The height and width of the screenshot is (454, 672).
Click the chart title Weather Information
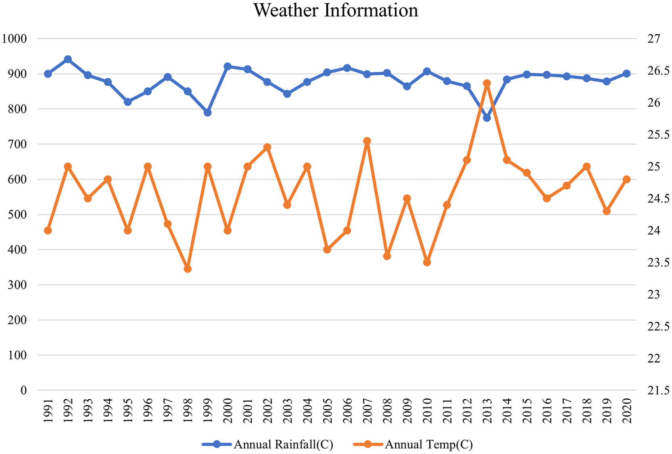point(336,10)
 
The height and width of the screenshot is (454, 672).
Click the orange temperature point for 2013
point(487,84)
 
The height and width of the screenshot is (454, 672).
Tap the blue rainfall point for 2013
point(487,118)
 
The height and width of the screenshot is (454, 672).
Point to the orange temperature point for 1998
point(188,269)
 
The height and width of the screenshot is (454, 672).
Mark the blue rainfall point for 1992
point(68,59)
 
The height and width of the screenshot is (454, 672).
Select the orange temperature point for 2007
point(367,141)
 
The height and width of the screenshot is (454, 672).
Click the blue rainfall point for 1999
point(208,113)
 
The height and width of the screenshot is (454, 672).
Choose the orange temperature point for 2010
point(427,262)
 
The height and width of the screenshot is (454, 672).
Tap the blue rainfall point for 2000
point(227,67)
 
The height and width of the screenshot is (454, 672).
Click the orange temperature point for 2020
point(626,179)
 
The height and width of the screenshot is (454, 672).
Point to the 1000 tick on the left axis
point(15,39)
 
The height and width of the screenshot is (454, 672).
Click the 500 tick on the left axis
point(17,214)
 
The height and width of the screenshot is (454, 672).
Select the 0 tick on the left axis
point(24,390)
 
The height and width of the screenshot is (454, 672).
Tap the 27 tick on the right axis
point(654,39)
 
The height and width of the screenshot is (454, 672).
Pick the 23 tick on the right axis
point(654,295)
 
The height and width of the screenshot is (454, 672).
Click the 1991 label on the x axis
point(48,411)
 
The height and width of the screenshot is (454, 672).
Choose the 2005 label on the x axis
point(328,411)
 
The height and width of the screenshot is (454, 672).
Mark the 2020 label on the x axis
point(627,411)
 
